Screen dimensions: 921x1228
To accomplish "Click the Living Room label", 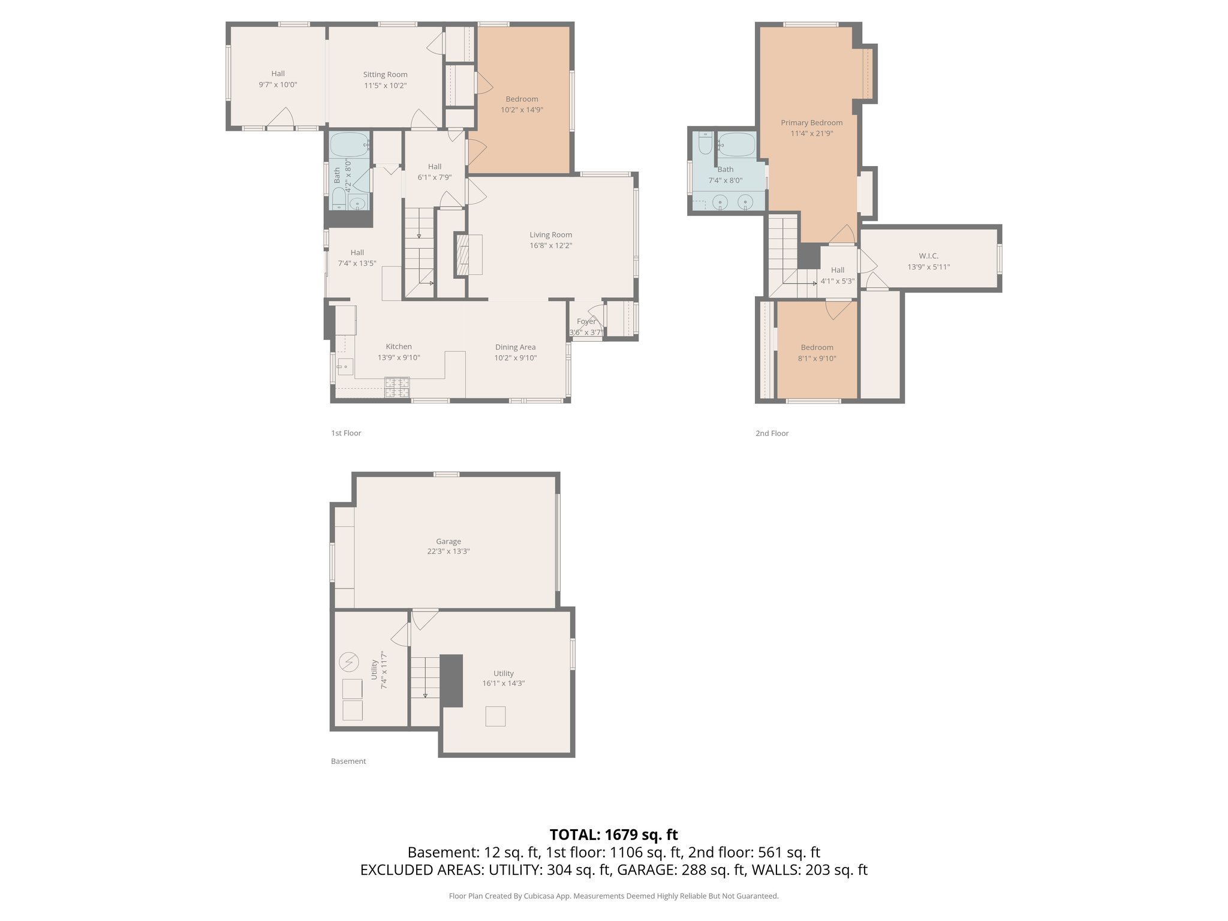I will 550,234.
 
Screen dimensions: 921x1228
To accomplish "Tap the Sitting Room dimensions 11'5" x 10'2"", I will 385,86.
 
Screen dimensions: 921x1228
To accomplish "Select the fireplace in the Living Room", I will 463,255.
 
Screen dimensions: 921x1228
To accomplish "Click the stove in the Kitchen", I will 396,387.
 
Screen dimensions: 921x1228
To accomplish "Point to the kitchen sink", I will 345,366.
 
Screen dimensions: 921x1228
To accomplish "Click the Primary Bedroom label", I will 811,122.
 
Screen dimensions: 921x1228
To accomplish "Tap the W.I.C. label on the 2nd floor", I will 928,256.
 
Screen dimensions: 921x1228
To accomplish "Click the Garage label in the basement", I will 448,541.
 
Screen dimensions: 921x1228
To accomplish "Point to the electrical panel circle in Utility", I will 348,663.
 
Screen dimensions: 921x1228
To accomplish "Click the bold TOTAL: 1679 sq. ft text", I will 613,834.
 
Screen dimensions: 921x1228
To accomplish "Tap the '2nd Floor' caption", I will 772,433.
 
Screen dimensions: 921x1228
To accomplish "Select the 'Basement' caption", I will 348,761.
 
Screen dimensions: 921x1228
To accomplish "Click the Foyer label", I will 586,321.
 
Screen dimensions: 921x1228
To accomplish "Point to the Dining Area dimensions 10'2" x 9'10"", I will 515,358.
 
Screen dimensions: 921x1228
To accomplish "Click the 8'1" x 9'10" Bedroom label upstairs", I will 817,359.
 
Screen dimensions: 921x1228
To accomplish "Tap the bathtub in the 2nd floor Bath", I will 737,145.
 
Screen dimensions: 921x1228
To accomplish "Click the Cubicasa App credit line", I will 613,896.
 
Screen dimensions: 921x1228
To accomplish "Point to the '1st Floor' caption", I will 346,433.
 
